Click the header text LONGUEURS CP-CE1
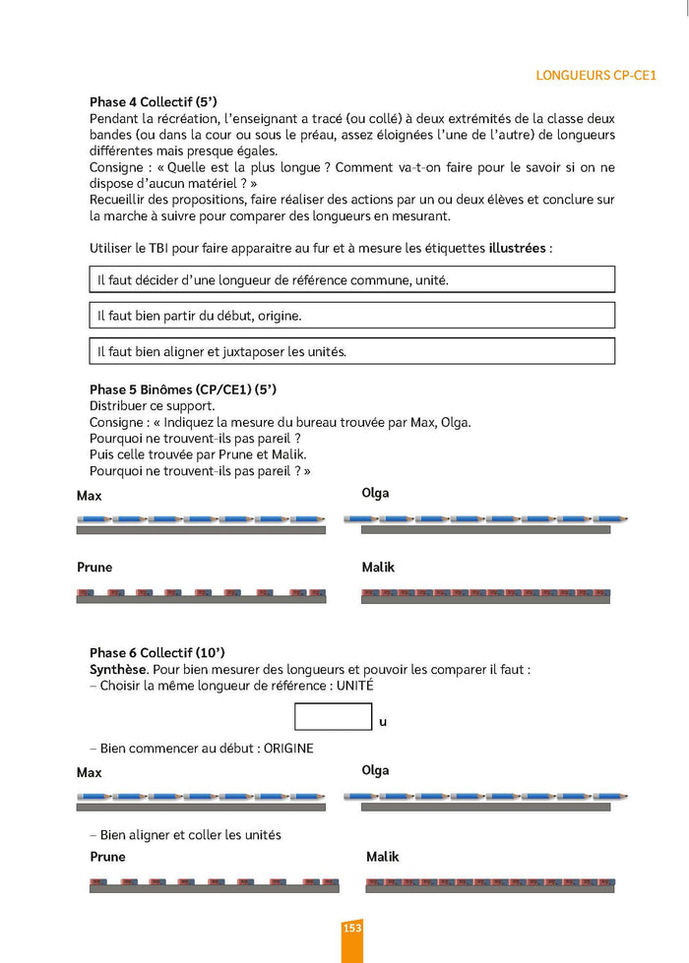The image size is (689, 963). pos(596,75)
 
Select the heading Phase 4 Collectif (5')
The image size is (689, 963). pos(153,102)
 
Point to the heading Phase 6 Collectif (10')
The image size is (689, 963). pos(157,652)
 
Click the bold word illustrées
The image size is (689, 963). pos(517,249)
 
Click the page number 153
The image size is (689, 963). pos(352,929)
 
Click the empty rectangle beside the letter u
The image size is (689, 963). pos(334,717)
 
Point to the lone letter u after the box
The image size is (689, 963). pos(383,722)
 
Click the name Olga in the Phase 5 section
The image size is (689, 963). pos(375,493)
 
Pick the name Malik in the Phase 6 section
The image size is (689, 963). pos(382,857)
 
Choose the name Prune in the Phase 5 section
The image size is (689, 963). pos(94,568)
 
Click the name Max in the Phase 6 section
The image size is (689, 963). pos(89,773)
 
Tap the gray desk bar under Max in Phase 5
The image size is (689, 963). pos(201,530)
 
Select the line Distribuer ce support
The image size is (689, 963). pos(152,406)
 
